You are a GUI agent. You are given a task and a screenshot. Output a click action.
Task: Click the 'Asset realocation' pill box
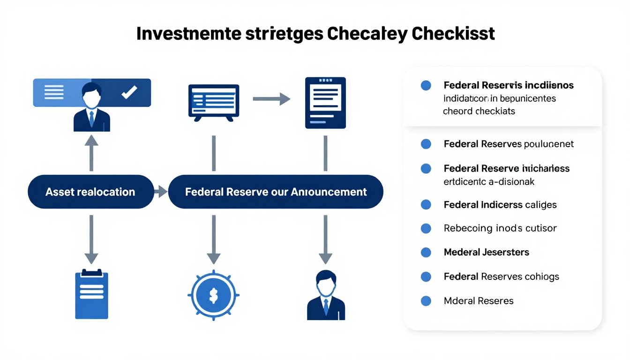tap(90, 192)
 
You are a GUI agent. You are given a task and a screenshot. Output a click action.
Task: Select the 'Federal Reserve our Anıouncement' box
tap(276, 192)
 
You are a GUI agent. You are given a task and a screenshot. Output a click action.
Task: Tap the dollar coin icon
tap(213, 295)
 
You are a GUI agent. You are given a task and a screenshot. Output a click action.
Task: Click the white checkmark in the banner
tap(129, 92)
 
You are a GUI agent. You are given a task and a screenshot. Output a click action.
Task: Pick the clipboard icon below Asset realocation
tap(91, 294)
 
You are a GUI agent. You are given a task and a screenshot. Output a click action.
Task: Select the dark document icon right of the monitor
tap(325, 103)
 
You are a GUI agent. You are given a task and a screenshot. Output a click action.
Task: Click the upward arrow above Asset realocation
tap(91, 153)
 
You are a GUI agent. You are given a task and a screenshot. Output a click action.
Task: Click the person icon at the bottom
tap(325, 295)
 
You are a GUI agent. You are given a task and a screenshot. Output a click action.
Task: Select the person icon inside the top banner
tap(91, 107)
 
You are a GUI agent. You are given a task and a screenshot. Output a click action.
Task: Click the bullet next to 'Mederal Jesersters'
tap(426, 252)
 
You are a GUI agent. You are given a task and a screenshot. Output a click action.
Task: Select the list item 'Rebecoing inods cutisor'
tap(500, 228)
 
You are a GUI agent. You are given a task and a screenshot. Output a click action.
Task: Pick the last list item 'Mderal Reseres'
tap(478, 300)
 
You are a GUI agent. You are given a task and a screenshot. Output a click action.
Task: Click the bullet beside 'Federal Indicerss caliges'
tap(426, 204)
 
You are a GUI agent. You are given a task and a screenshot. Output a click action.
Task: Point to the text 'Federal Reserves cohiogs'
tap(501, 277)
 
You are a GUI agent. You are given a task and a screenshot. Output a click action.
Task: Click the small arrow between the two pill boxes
tap(161, 191)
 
